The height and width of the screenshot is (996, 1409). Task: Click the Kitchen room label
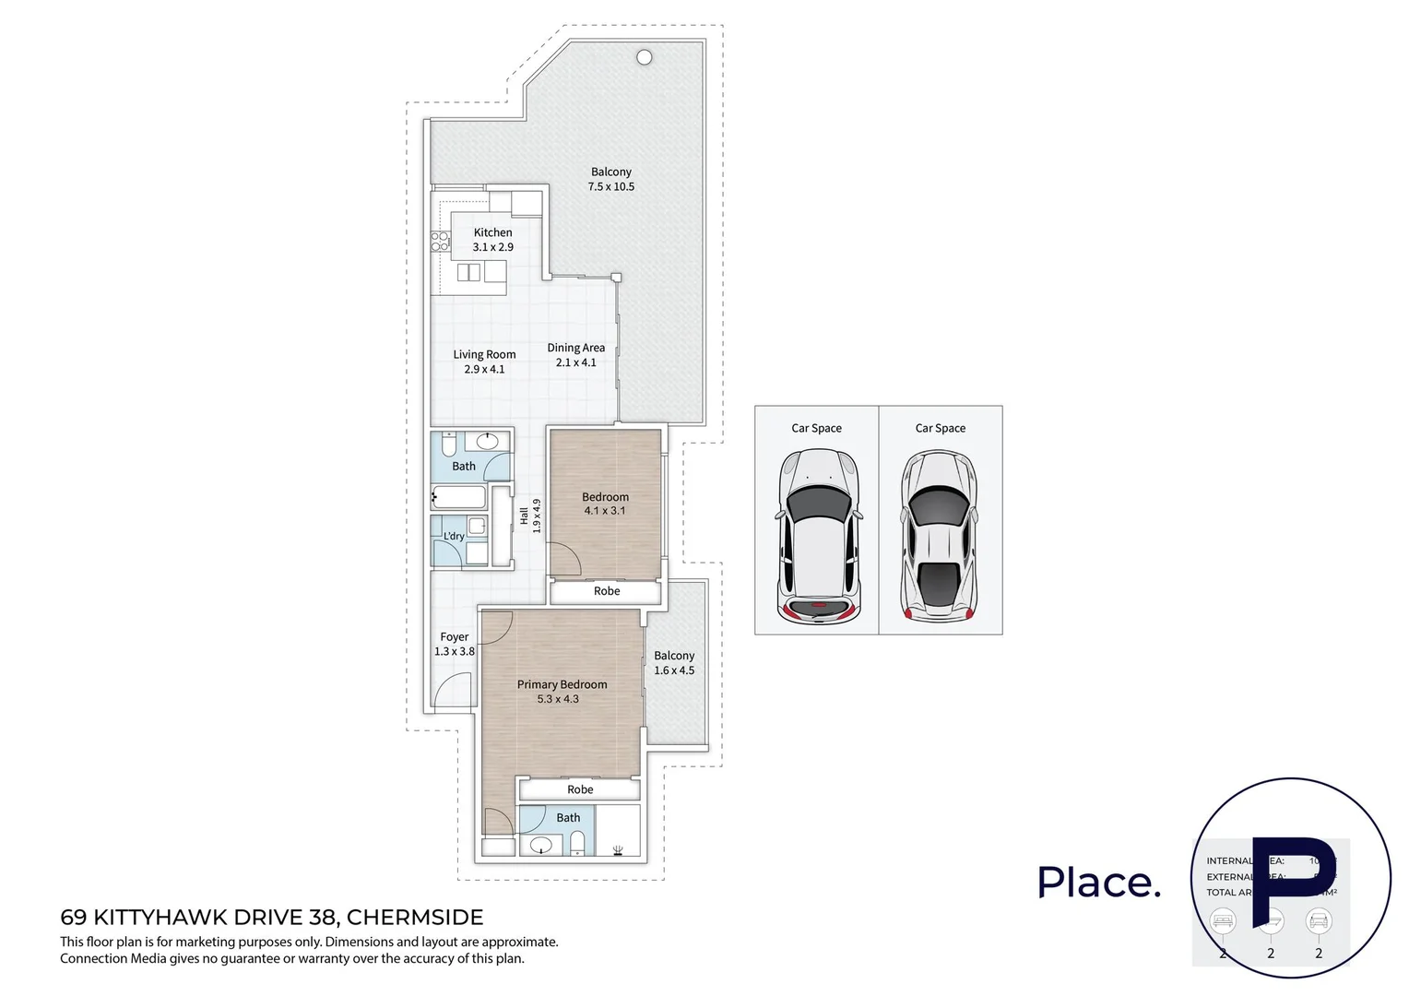[492, 232]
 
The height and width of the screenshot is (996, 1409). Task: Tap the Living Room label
[484, 354]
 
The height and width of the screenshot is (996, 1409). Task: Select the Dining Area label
[575, 348]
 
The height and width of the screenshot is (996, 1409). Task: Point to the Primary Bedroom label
[562, 684]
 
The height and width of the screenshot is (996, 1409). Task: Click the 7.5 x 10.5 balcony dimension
[610, 186]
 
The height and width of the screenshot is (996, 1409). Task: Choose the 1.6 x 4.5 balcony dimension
[674, 670]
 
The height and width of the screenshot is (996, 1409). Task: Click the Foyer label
[454, 636]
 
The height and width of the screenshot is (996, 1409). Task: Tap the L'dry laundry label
[454, 536]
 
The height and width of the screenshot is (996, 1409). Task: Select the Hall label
[524, 516]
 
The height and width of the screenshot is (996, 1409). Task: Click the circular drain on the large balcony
[645, 57]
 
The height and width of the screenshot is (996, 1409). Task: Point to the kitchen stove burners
[440, 242]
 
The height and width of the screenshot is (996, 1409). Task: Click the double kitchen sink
[469, 272]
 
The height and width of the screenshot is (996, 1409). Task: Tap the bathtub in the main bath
[458, 498]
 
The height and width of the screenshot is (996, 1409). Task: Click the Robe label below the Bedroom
[607, 591]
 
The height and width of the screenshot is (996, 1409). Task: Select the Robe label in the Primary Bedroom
[580, 789]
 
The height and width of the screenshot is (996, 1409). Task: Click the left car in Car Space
[817, 536]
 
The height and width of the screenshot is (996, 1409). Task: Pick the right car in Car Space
[939, 536]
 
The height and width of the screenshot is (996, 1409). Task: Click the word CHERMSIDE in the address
[414, 917]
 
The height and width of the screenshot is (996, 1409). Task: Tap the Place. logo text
[1098, 883]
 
